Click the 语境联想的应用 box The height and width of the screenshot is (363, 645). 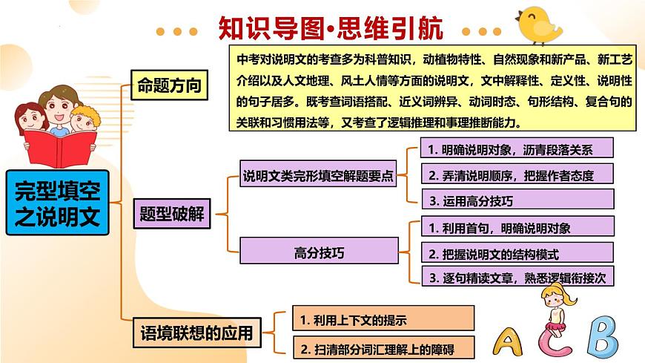[196, 332]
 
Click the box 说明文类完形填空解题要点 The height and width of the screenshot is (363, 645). [319, 177]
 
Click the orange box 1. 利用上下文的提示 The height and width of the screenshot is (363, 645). [383, 319]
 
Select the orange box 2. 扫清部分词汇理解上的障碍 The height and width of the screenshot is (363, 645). [383, 347]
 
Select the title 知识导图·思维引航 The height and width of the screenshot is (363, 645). [331, 29]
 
